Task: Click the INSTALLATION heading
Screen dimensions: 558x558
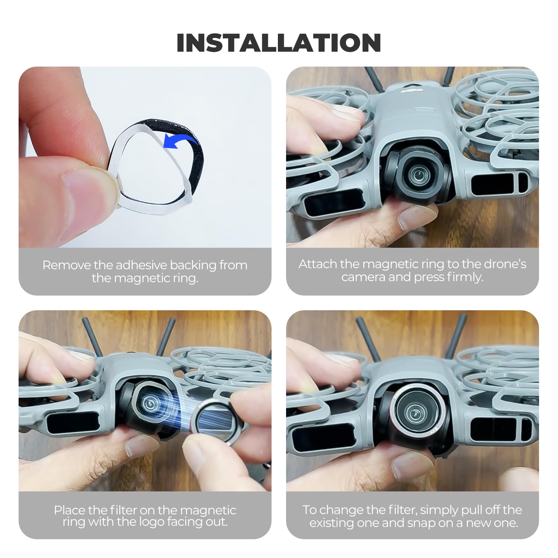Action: [279, 43]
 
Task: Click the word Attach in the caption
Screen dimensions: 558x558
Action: [318, 264]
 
